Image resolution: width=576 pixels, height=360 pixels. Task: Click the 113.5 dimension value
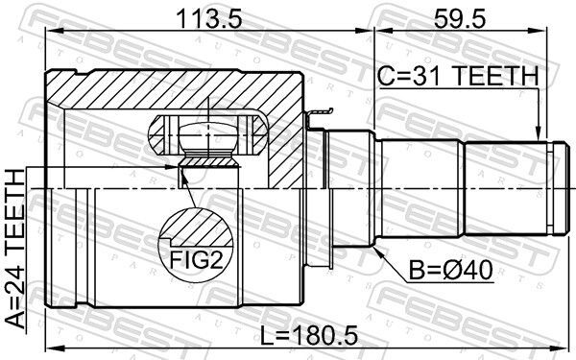pos(205,16)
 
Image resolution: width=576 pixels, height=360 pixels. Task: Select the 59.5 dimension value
pos(464,16)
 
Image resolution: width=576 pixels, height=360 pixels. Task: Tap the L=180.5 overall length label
pos(304,337)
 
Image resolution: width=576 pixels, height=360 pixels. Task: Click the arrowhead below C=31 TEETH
pos(538,134)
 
